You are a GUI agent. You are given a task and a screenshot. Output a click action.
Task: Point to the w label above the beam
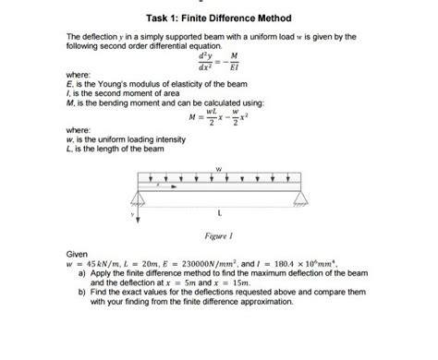click(218, 169)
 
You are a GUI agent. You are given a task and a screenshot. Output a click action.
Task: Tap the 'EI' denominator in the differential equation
click(259, 67)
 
